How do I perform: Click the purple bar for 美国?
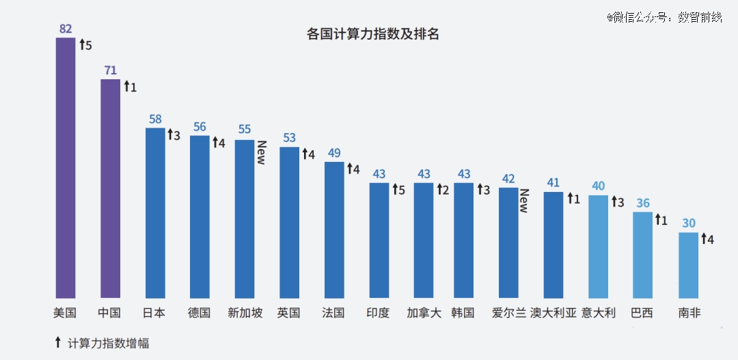pos(66,167)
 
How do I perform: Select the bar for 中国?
pos(110,188)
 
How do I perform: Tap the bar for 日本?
pos(155,212)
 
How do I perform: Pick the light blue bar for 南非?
pos(688,265)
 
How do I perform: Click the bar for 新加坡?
pos(245,219)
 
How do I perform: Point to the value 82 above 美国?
pos(66,29)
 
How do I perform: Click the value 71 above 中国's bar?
pos(110,70)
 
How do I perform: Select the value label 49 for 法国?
pos(334,153)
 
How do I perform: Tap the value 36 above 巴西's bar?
pos(643,203)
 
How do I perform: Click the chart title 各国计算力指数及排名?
pos(373,34)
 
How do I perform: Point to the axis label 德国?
pos(200,313)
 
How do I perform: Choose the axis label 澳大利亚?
pos(553,313)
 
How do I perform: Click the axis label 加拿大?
pos(424,313)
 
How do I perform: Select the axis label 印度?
pos(379,313)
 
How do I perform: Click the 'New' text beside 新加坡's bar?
pos(260,152)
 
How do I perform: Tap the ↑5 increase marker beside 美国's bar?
pos(85,46)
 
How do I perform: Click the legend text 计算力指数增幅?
pos(109,343)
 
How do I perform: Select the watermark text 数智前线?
pos(700,17)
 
